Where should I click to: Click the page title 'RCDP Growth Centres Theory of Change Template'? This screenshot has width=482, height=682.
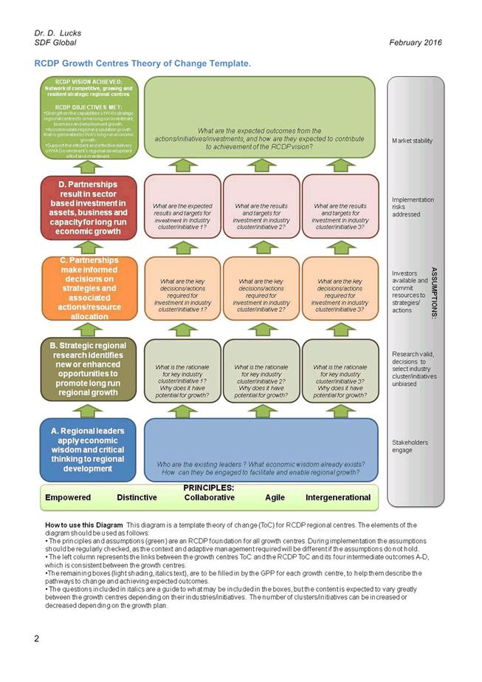(x=142, y=64)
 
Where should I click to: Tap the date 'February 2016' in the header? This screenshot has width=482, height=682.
(x=415, y=43)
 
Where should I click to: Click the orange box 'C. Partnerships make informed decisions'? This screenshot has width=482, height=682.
(x=88, y=288)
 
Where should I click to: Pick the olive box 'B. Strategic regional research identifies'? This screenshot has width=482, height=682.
(x=88, y=369)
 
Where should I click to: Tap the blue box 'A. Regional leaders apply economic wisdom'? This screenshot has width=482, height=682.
(x=88, y=449)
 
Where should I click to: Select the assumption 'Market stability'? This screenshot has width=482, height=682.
(x=413, y=140)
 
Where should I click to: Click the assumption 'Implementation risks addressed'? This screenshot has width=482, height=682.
(x=413, y=207)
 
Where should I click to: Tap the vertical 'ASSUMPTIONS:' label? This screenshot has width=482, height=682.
(x=433, y=292)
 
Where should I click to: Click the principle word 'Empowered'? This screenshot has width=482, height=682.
(x=68, y=497)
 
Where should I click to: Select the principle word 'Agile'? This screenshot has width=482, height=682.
(x=275, y=497)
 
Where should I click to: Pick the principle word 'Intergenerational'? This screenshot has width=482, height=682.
(x=337, y=497)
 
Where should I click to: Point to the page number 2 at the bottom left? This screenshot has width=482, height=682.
(x=36, y=638)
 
